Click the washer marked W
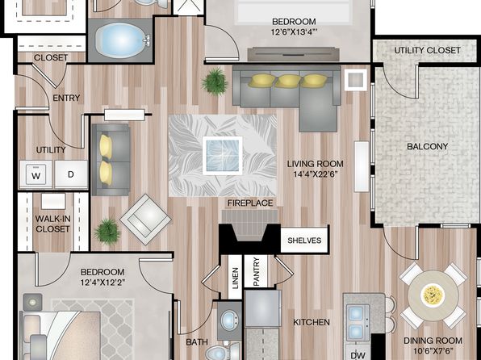point(36,174)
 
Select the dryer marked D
point(71,174)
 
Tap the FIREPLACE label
point(250,203)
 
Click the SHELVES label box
point(304,241)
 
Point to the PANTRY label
point(257,271)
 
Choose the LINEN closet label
point(236,278)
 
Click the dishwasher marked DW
point(358,353)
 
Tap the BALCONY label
point(427,146)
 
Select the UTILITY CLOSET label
point(427,50)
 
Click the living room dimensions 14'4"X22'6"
point(315,174)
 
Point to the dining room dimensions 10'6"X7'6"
point(433,350)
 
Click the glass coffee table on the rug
point(223,156)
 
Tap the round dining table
point(433,295)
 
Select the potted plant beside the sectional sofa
point(215,82)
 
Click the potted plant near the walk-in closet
point(107,231)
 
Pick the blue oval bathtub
point(123,40)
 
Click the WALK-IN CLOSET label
point(52,224)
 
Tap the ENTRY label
point(66,98)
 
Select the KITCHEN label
point(312,322)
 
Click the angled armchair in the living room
point(145,220)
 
